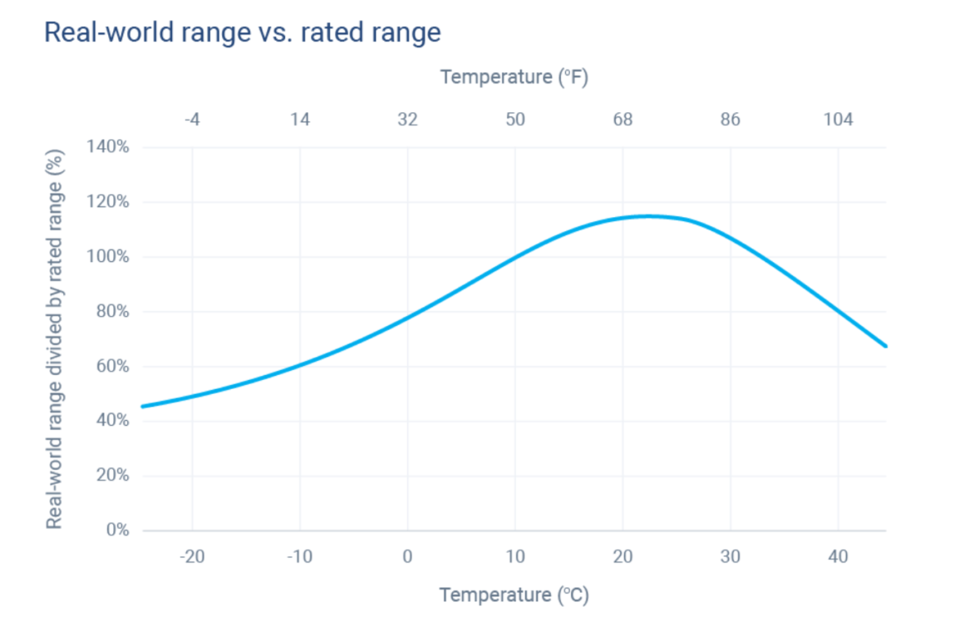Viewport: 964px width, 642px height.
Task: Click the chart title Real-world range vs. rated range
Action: point(242,32)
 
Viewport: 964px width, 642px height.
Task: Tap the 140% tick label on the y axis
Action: point(108,147)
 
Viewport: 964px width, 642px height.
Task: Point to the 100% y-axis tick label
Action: point(108,257)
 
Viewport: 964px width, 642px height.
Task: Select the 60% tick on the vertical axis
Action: point(111,367)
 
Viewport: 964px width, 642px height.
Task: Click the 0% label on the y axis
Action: point(116,531)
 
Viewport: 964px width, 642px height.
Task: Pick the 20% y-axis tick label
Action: point(111,476)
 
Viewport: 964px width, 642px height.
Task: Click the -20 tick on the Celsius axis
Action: point(192,556)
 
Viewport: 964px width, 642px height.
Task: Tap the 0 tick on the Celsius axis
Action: point(407,556)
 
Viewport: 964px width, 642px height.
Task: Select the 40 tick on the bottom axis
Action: point(838,556)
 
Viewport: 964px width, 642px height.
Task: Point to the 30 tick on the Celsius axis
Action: point(730,556)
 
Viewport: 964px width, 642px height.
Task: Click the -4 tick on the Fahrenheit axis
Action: point(192,120)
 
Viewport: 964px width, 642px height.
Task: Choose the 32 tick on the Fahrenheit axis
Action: point(407,120)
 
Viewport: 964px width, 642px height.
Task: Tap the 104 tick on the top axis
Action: point(838,120)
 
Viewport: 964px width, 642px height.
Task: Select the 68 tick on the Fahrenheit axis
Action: point(622,120)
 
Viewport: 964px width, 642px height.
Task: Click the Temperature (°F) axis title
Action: point(514,77)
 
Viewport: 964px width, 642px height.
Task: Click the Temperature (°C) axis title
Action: point(514,595)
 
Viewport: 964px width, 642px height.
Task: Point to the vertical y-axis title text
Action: point(55,338)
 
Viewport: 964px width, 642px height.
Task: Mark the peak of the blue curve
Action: point(647,216)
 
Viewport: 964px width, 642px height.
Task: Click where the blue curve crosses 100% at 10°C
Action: point(515,257)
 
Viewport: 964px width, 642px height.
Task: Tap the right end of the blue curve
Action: point(886,345)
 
